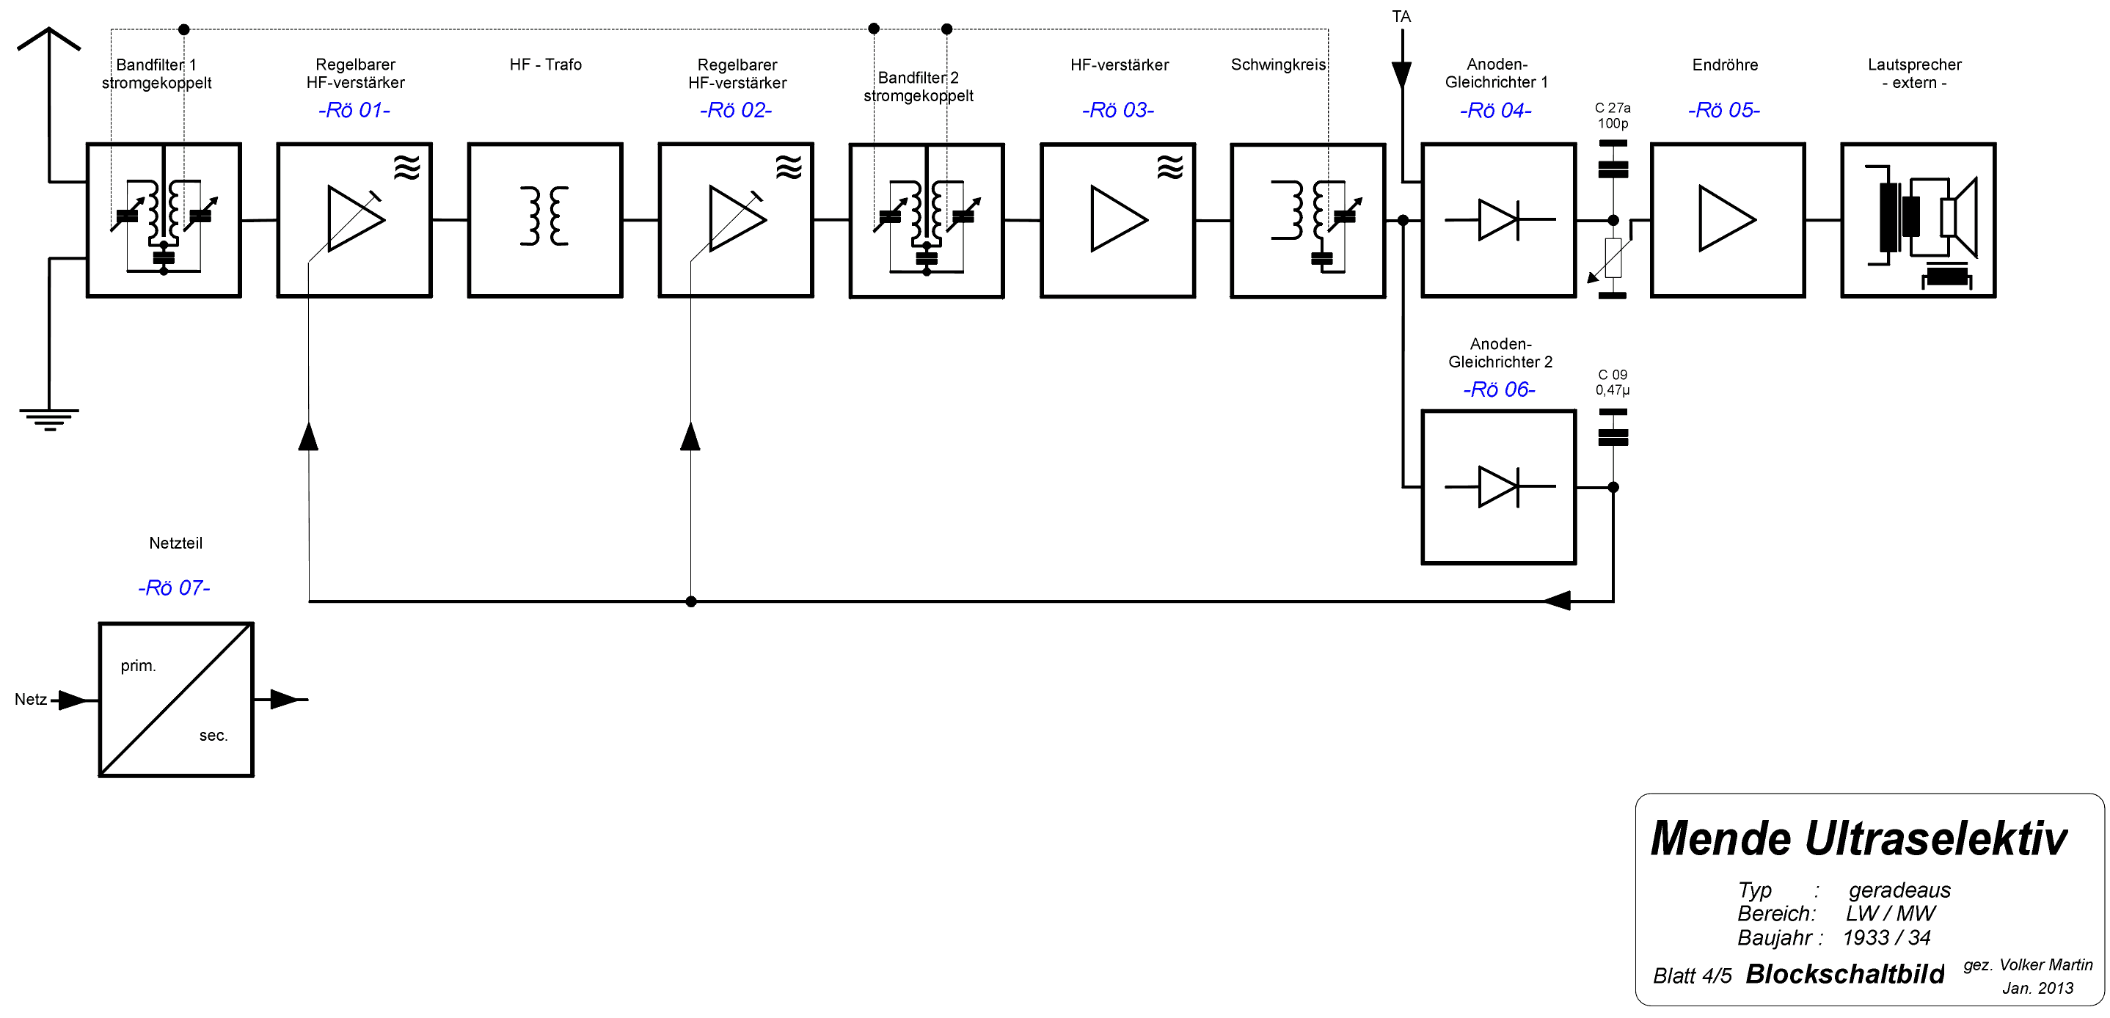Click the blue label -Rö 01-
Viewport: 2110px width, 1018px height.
[x=354, y=110]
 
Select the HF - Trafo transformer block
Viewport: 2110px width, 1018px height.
[x=544, y=219]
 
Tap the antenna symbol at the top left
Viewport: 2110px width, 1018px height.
[x=49, y=41]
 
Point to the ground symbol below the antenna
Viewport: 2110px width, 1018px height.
[x=49, y=417]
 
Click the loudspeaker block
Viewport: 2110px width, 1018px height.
[x=1918, y=219]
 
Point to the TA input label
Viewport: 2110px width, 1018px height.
[x=1401, y=16]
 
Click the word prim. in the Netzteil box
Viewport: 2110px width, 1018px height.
[x=138, y=666]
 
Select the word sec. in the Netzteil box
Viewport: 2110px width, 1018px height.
[x=213, y=736]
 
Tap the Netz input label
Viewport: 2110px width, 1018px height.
[x=30, y=700]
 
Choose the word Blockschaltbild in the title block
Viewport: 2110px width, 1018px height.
[x=1844, y=974]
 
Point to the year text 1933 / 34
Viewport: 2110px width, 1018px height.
[x=1886, y=938]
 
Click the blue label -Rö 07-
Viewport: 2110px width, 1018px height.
[x=174, y=588]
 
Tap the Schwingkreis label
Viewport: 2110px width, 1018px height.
[x=1278, y=65]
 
